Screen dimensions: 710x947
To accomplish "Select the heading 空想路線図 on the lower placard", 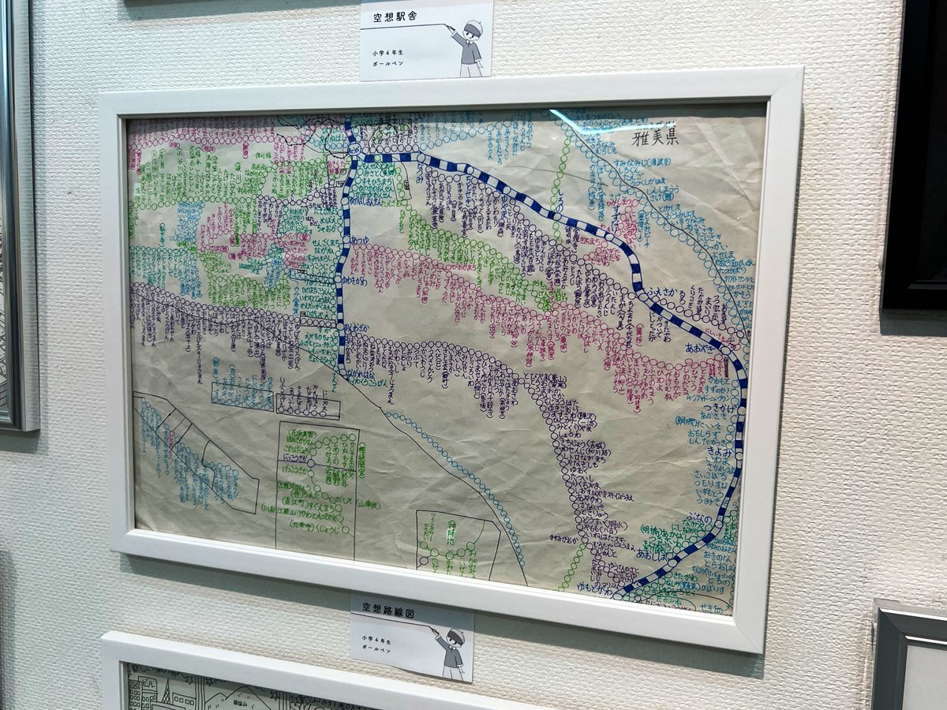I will [x=387, y=610].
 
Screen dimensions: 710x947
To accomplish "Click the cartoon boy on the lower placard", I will [x=452, y=652].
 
